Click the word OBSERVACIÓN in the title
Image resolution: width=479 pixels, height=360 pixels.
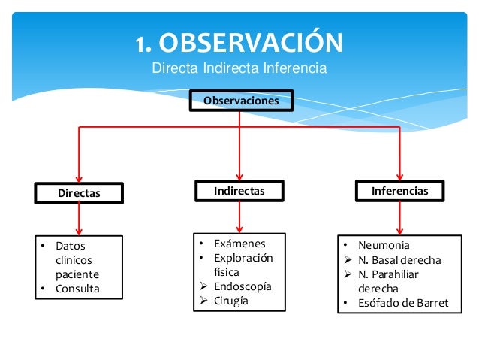pos(252,43)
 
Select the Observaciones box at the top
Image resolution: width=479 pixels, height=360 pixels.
pos(240,100)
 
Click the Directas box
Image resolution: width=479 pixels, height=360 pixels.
pos(79,193)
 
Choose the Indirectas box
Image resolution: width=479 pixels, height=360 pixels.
pos(239,191)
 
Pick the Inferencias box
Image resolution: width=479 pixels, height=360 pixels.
pos(399,191)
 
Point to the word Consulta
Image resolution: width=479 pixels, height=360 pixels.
pos(77,289)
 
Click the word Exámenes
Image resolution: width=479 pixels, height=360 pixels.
pos(239,244)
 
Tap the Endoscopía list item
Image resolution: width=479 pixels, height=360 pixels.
pos(243,286)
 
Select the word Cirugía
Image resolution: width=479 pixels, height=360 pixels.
pos(230,301)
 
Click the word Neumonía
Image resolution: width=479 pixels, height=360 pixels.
pos(384,245)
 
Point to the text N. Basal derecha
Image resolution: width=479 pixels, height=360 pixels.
pos(399,260)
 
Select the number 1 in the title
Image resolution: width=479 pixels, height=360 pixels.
pos(140,44)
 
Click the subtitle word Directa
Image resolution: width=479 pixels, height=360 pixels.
pos(173,68)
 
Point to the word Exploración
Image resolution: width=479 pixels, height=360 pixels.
pos(243,258)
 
